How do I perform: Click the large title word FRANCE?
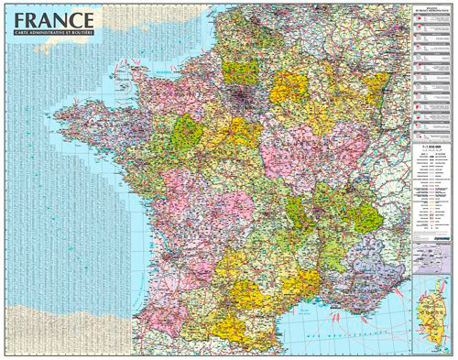54,18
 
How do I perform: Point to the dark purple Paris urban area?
245,93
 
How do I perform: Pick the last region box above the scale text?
429,134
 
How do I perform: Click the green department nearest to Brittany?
188,131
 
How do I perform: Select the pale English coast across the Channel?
183,14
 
